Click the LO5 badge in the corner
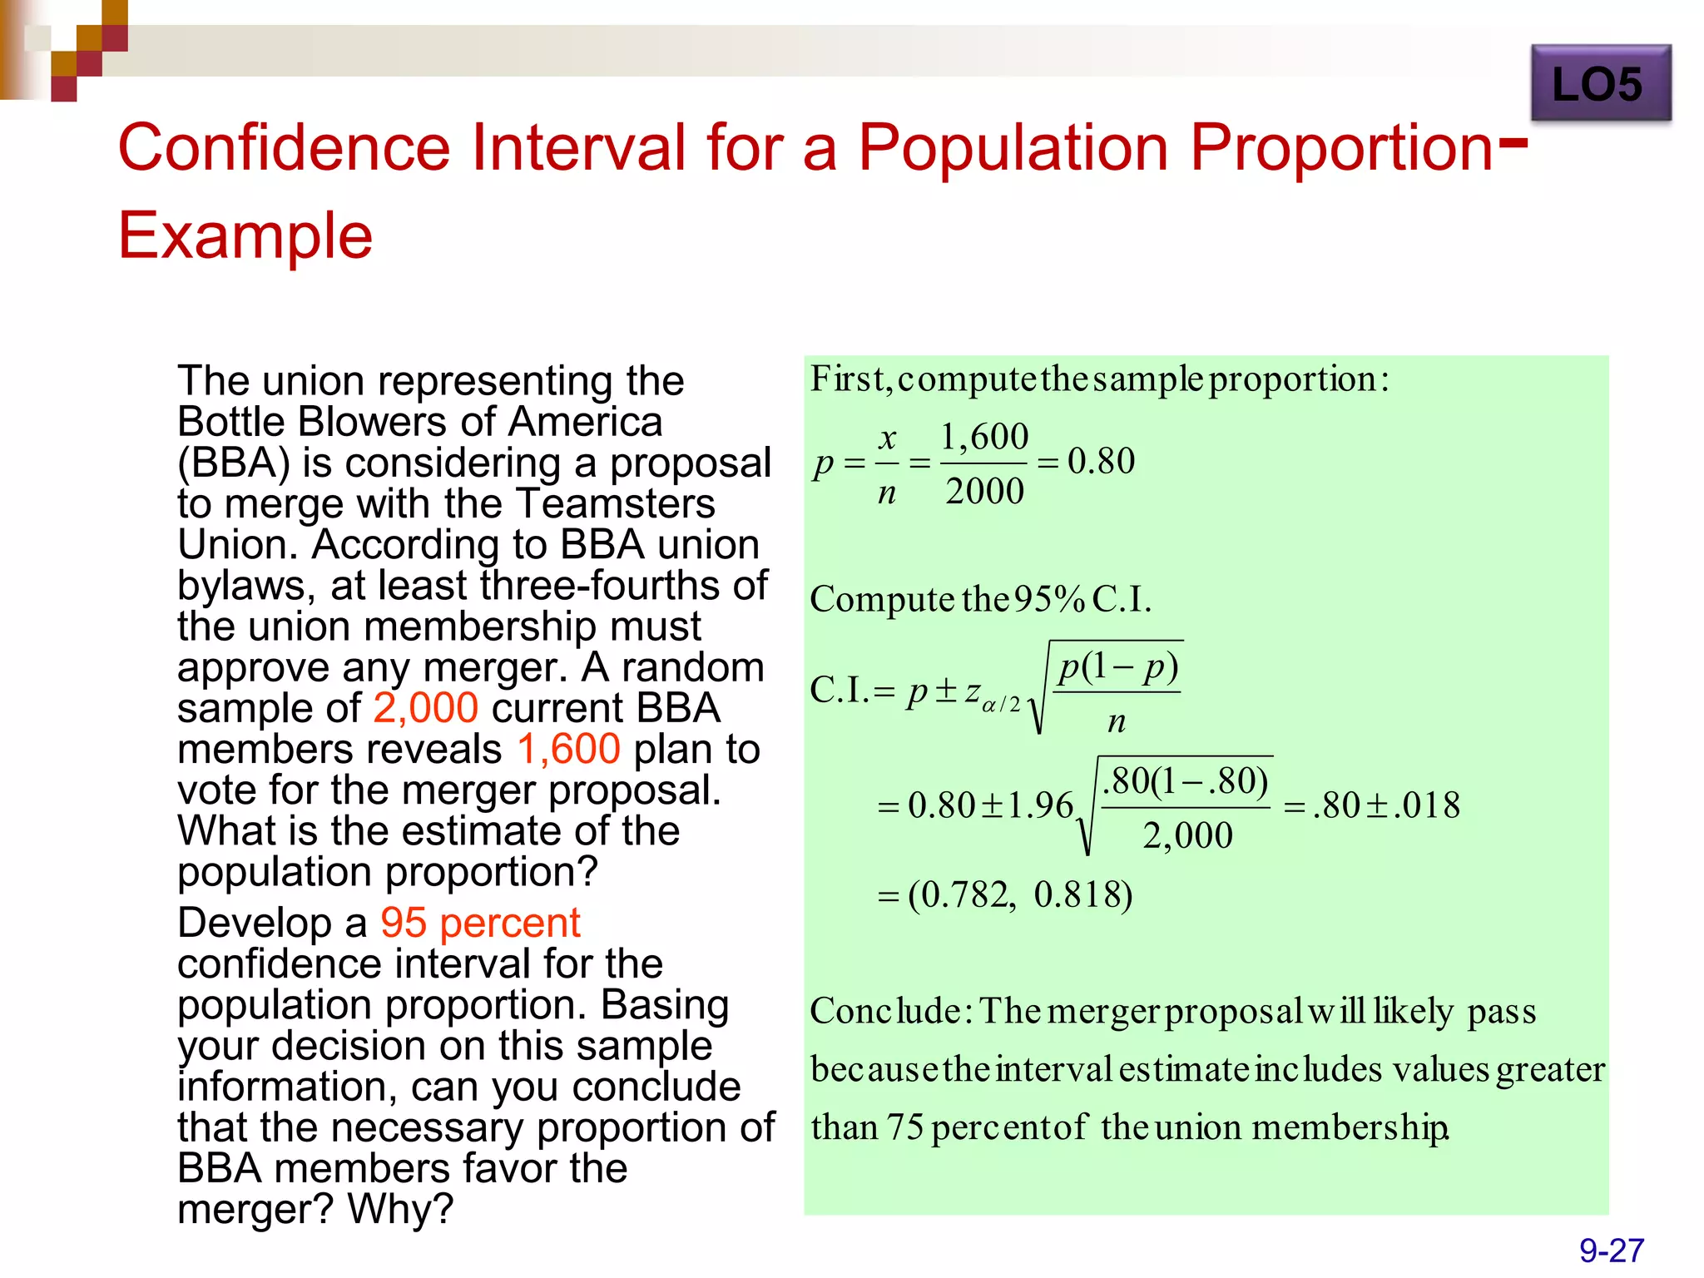coord(1599,84)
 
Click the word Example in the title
coord(245,235)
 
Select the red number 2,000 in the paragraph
coord(425,708)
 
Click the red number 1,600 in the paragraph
coord(568,749)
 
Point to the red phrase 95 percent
coord(480,923)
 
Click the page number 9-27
coord(1611,1251)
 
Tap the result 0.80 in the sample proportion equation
coord(1101,461)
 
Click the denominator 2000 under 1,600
coord(984,491)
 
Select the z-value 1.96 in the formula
coord(1040,805)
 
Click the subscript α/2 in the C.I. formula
coord(1001,705)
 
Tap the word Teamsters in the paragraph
coord(616,503)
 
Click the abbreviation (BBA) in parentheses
coord(234,463)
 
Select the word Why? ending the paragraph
coord(400,1209)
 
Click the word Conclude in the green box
coord(885,1012)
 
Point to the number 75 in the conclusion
coord(904,1127)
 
